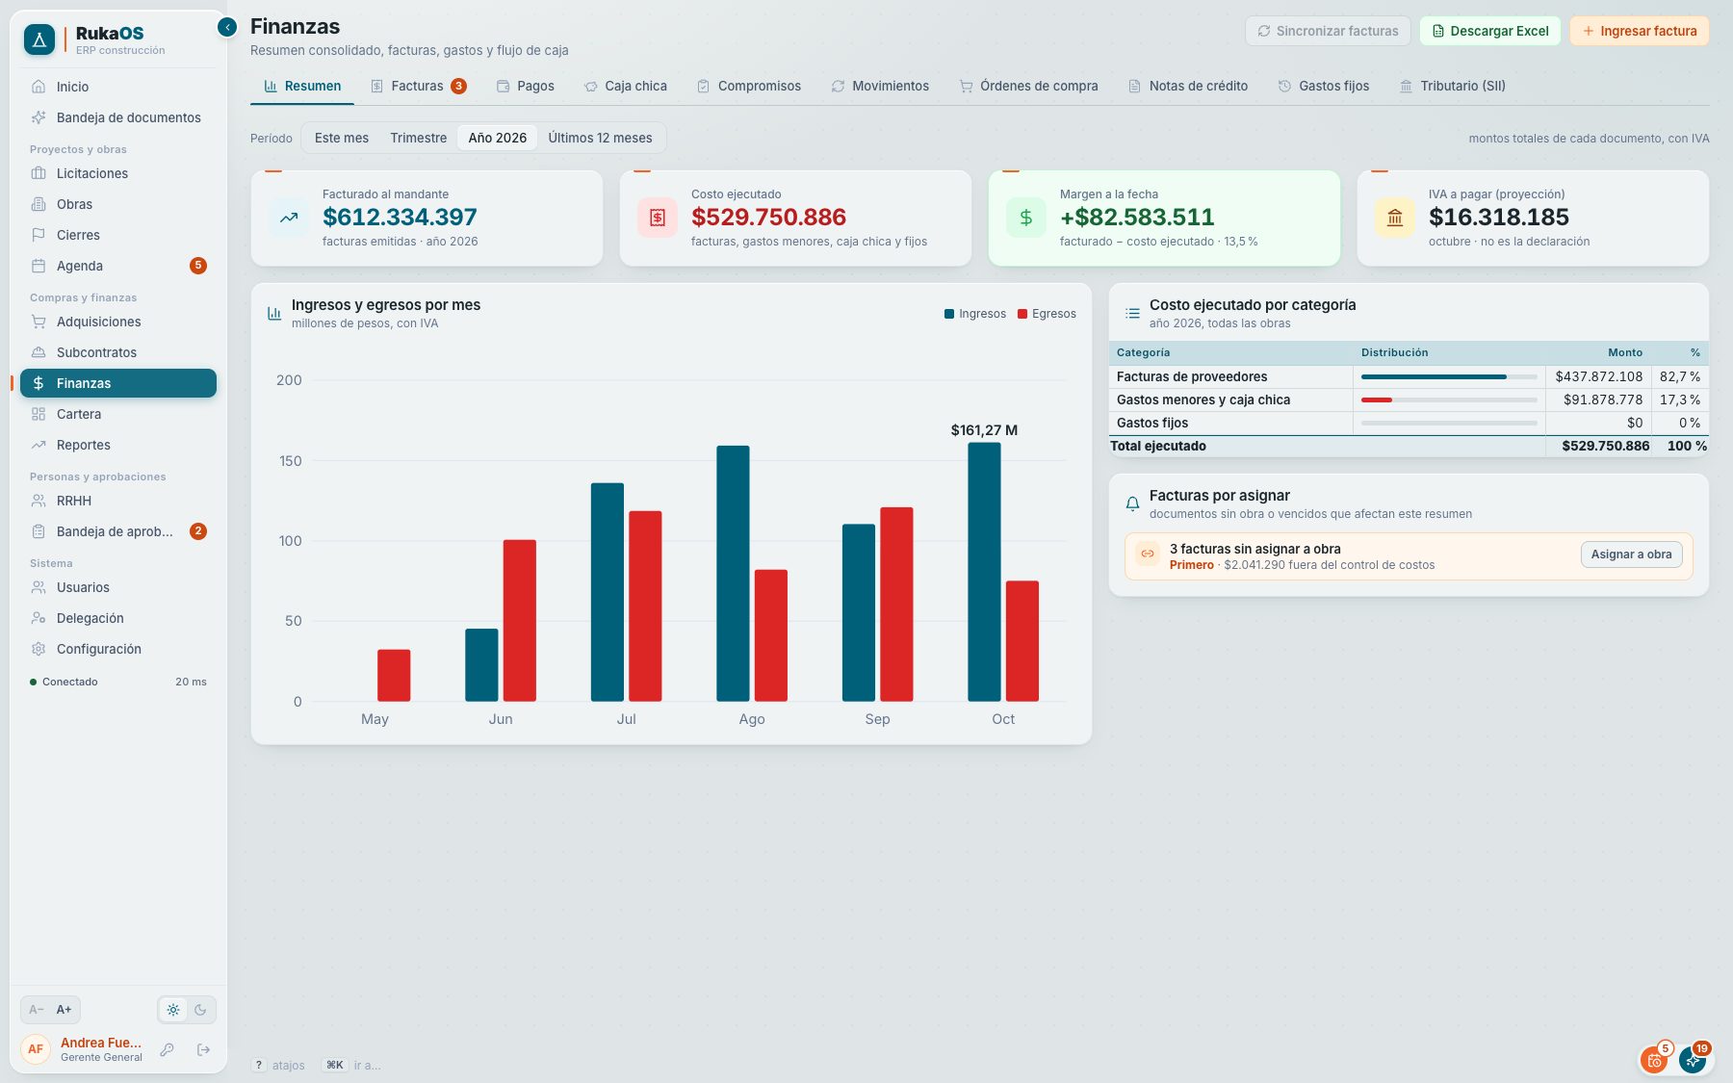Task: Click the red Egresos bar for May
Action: click(394, 675)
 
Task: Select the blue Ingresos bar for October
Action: click(984, 572)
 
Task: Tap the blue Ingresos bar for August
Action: click(733, 573)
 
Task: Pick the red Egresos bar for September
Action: click(896, 604)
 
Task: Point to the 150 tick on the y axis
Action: click(291, 461)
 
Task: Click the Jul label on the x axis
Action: click(626, 719)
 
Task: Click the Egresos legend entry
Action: click(1047, 314)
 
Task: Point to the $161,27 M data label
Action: click(984, 430)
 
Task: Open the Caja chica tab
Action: click(626, 86)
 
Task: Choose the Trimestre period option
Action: click(419, 138)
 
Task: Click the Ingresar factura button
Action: click(1640, 31)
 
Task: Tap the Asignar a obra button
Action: click(1631, 554)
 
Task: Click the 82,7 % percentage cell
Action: click(1680, 376)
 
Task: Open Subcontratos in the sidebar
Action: click(96, 352)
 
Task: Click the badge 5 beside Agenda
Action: click(198, 266)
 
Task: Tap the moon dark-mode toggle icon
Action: click(200, 1010)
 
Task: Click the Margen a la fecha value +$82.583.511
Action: click(1137, 218)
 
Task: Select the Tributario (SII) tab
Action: click(1453, 86)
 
